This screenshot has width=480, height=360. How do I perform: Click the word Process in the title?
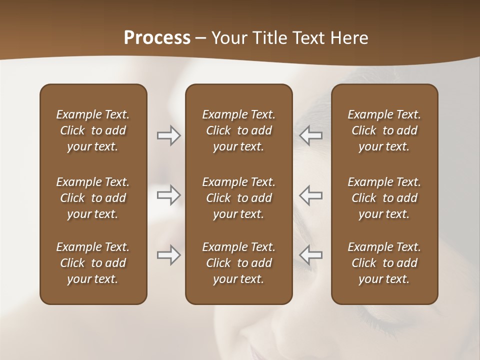tap(157, 38)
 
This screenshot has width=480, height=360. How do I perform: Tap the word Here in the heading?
tap(349, 38)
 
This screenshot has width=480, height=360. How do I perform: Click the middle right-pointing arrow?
tap(168, 195)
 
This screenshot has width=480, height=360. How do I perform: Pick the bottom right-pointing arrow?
tap(168, 255)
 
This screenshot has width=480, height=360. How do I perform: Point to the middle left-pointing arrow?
tap(311, 195)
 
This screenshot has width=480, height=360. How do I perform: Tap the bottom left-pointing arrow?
tap(311, 255)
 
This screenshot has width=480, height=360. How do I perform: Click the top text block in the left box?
tap(93, 130)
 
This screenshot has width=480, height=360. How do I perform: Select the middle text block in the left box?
tap(93, 198)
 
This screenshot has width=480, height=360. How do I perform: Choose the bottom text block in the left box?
tap(93, 263)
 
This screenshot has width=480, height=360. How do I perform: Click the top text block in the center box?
tap(239, 130)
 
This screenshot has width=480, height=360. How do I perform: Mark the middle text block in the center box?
tap(239, 198)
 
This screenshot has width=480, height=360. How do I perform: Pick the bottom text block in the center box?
tap(239, 263)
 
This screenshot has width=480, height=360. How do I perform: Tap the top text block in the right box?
tap(384, 130)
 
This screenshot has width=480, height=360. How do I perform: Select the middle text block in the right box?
tap(384, 198)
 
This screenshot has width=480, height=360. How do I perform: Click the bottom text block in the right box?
tap(384, 263)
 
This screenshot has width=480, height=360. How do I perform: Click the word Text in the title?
tap(308, 38)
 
